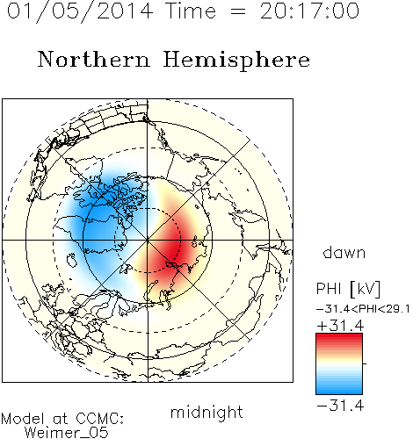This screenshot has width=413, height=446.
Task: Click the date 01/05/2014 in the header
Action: coord(80,11)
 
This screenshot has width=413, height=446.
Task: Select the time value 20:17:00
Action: coord(309,11)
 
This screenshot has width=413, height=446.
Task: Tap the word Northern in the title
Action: coord(94,59)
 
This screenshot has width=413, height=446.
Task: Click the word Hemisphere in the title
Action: coord(236,61)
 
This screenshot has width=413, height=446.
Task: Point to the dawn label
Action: coord(344,253)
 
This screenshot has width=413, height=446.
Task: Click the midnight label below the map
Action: coord(206,413)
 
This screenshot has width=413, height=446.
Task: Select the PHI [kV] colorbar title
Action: coord(349,289)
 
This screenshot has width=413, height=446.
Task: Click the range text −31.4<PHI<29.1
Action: coord(363,309)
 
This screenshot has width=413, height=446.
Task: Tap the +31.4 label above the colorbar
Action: coord(341,326)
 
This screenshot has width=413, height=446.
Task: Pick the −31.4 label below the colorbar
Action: coord(340,406)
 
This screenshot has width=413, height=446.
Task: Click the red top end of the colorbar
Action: coord(339,336)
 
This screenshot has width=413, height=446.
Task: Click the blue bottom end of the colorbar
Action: coord(339,391)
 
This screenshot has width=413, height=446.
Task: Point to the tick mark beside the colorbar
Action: coord(365,363)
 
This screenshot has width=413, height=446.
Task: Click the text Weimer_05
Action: coord(67,433)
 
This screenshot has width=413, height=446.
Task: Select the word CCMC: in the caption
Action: coord(99,419)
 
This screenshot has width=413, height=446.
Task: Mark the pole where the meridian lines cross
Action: coord(148,240)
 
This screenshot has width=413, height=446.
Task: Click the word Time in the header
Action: coord(191,11)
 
